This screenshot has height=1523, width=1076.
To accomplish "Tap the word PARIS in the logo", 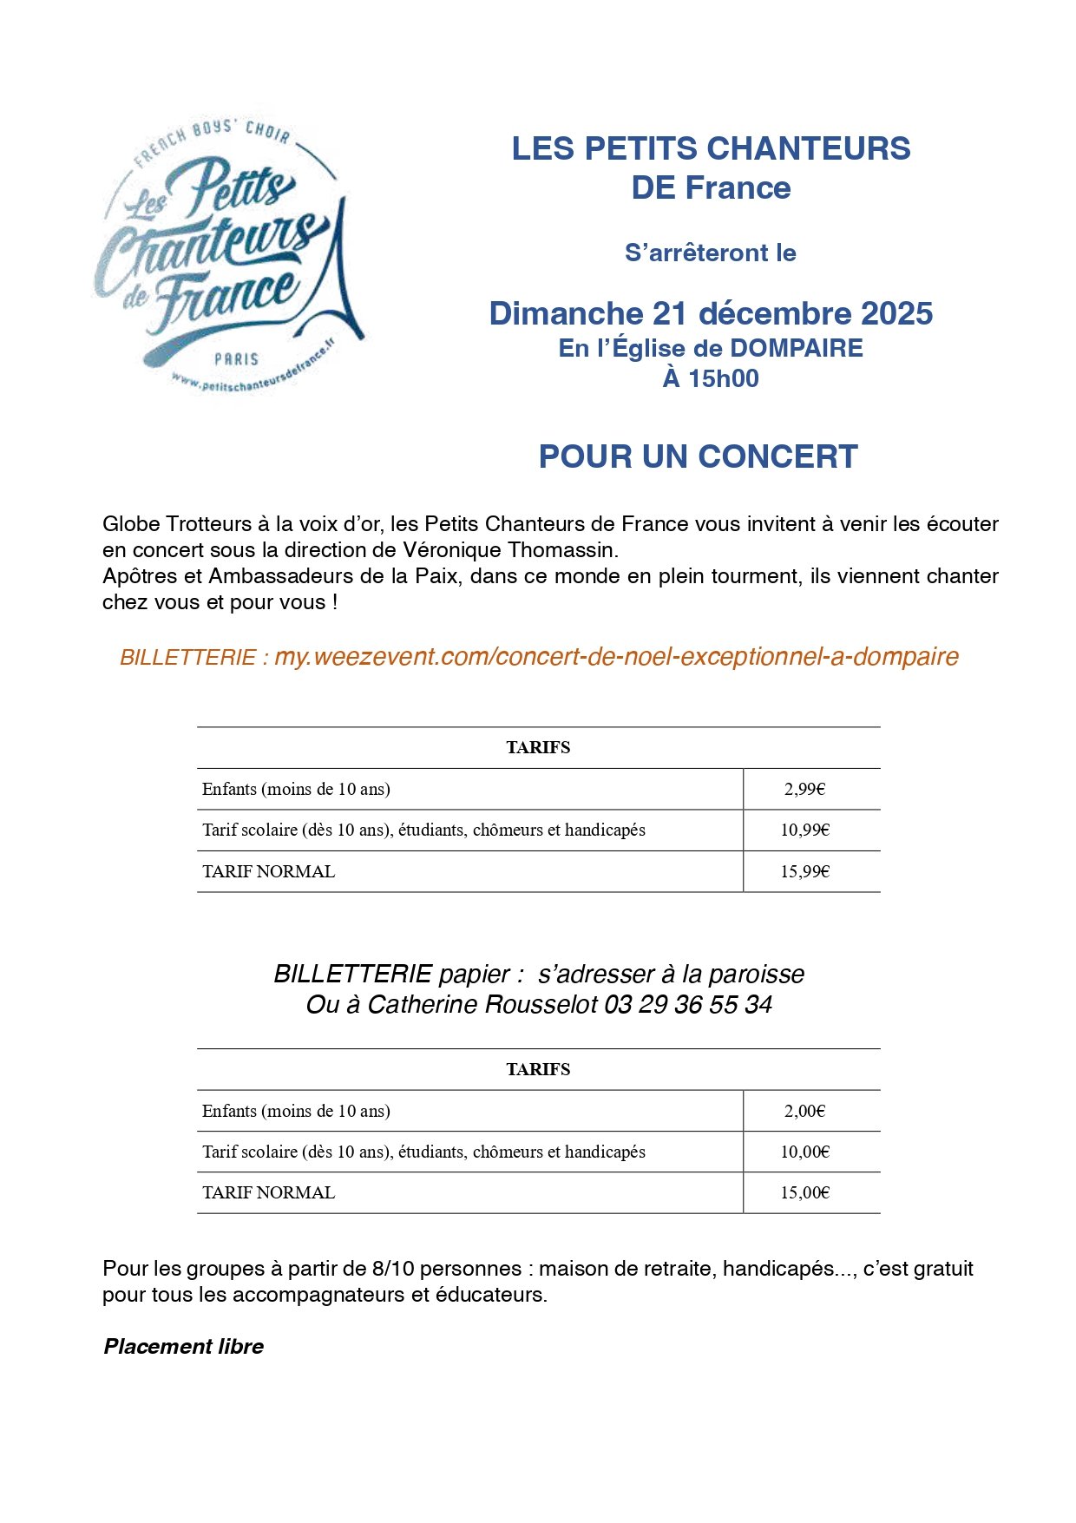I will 236,358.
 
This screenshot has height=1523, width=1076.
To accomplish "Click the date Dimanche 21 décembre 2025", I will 711,313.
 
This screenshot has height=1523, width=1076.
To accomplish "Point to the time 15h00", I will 723,378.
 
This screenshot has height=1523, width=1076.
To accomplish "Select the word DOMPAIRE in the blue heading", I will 797,348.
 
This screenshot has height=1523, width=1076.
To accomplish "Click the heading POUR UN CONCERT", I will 698,456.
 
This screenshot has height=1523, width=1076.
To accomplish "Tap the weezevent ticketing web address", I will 616,657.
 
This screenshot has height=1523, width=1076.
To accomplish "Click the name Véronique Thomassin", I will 510,550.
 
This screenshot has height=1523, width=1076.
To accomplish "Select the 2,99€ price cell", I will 804,789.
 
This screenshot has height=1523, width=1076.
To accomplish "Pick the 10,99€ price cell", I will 804,830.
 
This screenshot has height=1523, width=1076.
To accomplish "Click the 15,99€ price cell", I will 804,871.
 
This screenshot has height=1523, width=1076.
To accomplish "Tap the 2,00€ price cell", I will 804,1111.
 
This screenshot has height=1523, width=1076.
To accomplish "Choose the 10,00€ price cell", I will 804,1152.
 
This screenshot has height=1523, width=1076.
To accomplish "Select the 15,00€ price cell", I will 804,1192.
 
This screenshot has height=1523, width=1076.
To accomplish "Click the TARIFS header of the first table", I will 538,747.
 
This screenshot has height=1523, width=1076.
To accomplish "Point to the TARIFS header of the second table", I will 538,1069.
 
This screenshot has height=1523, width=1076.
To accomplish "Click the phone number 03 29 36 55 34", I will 688,1005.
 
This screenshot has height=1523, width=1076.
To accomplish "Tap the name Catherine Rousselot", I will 482,1005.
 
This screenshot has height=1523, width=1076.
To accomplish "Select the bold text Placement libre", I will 183,1347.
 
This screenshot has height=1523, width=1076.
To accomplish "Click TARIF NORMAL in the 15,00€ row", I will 268,1192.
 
